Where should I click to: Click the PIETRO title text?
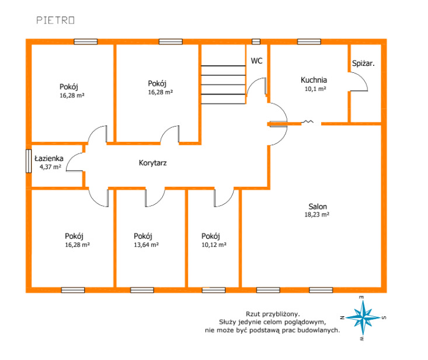(x=55, y=20)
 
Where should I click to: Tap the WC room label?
(x=256, y=61)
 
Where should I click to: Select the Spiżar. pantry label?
(x=363, y=64)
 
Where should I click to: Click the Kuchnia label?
(x=314, y=80)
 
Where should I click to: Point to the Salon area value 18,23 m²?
(x=316, y=215)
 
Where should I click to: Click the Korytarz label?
(x=152, y=163)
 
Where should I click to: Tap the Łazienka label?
(x=49, y=159)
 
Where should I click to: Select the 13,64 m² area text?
(x=146, y=245)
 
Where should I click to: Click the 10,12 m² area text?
(x=214, y=245)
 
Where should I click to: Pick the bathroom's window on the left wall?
(x=29, y=161)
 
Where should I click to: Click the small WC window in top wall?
(x=256, y=41)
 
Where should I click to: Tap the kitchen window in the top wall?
(x=309, y=41)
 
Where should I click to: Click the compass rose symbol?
(x=363, y=318)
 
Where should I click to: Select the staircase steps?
(x=223, y=85)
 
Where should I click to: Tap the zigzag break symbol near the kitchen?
(x=307, y=121)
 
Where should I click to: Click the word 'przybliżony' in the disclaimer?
(x=283, y=314)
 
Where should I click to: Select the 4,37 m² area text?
(x=50, y=167)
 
